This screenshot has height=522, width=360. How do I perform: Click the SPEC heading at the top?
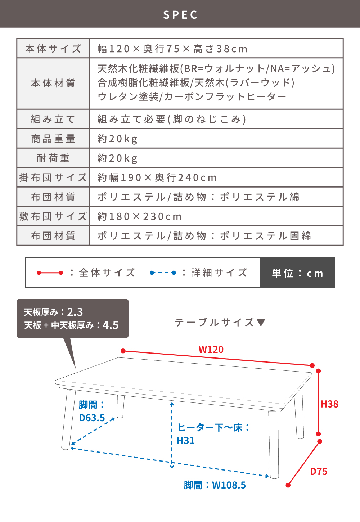(x=180, y=15)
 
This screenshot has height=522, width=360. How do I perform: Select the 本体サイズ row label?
(x=53, y=49)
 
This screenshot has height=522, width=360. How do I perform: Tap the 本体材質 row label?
(x=53, y=83)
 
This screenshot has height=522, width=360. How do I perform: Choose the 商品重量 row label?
(x=53, y=139)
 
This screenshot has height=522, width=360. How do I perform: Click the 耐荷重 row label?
(x=53, y=158)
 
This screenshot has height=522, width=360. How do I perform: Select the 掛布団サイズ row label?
(x=53, y=177)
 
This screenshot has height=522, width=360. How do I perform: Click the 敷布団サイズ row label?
(x=53, y=216)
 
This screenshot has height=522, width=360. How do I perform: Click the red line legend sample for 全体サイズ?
(x=50, y=273)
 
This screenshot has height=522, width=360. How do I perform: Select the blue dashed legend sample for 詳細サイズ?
(x=163, y=273)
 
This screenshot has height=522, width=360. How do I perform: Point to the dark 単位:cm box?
(x=298, y=273)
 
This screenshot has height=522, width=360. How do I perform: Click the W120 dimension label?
(x=211, y=350)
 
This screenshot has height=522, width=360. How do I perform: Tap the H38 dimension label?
(x=329, y=404)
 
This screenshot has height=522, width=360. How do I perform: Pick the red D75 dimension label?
(x=319, y=472)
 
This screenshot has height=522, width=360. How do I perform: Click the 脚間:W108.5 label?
(x=215, y=485)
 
